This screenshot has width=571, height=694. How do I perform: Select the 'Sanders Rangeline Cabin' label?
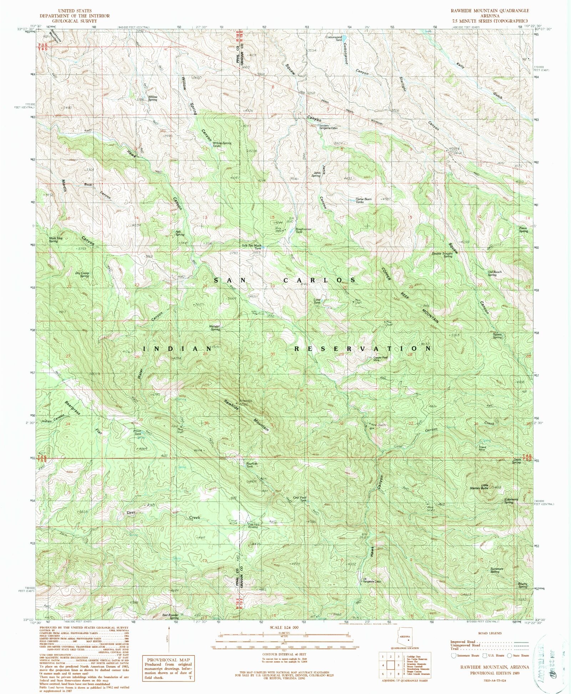coord(328,127)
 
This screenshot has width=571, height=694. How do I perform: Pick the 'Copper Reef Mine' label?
coord(380,359)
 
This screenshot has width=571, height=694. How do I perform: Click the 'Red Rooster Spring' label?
coord(170,616)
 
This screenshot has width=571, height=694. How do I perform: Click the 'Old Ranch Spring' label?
coord(494,273)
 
